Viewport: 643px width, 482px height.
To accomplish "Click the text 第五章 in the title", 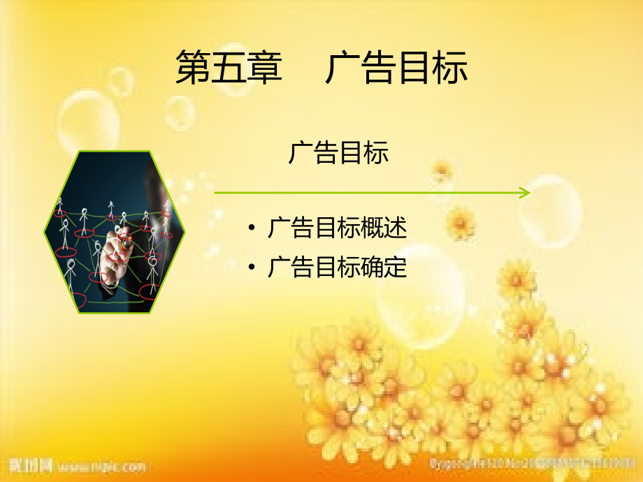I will pos(229,68).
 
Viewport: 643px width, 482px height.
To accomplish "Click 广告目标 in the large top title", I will pos(396,68).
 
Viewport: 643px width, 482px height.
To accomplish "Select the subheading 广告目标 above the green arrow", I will pos(338,153).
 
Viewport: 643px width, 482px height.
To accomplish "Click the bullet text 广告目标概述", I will pos(337,228).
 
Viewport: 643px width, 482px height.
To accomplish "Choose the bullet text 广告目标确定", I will pos(337,268).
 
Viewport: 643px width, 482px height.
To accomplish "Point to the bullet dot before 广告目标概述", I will pos(252,228).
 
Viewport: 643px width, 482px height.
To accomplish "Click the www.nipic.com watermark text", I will pos(101,465).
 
